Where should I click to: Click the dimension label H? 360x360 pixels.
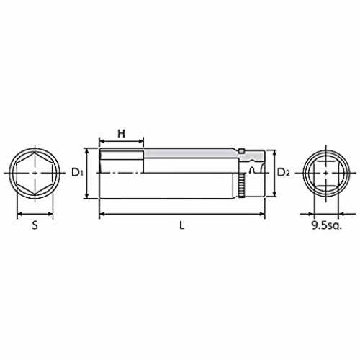122,133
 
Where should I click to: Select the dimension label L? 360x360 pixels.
182,225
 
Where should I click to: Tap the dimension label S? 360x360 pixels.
35,225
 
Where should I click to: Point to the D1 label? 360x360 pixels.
77,172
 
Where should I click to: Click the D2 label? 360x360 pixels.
284,172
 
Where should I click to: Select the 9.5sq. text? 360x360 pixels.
326,225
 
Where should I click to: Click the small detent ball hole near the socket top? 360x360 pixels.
241,151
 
